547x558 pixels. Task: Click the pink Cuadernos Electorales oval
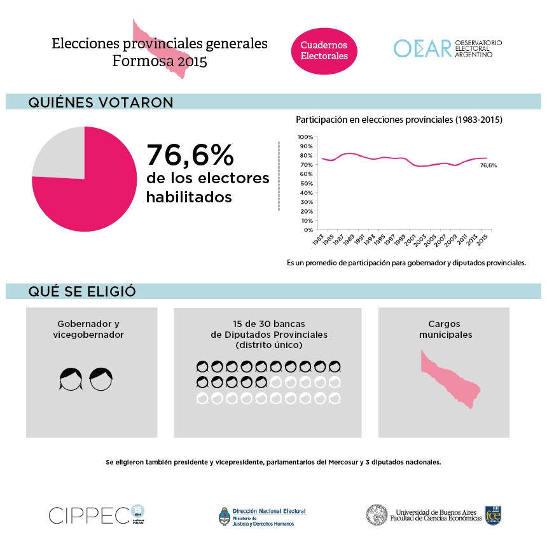pyautogui.click(x=324, y=51)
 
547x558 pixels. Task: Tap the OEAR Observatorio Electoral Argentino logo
pyautogui.click(x=448, y=48)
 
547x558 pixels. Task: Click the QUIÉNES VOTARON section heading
pyautogui.click(x=100, y=102)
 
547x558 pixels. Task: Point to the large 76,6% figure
pyautogui.click(x=190, y=155)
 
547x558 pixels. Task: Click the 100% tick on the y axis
pyautogui.click(x=305, y=137)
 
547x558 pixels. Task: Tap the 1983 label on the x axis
pyautogui.click(x=319, y=241)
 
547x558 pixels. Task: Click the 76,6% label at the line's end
pyautogui.click(x=488, y=165)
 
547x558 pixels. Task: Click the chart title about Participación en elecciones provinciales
pyautogui.click(x=399, y=120)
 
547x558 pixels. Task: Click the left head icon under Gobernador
pyautogui.click(x=71, y=379)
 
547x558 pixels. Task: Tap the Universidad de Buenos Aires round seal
pyautogui.click(x=377, y=515)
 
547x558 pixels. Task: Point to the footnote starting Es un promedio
pyautogui.click(x=406, y=262)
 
